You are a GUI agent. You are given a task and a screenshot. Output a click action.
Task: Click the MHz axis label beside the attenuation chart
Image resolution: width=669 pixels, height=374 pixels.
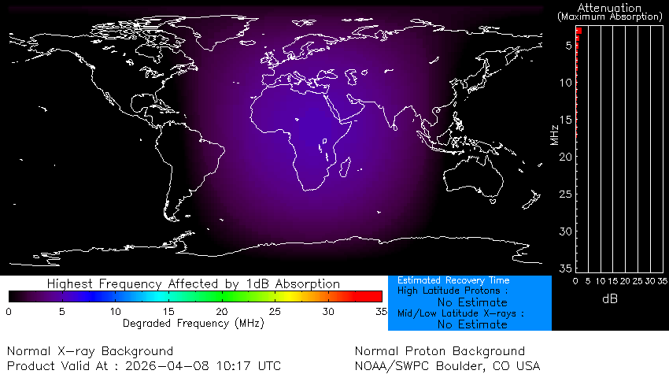tap(555, 135)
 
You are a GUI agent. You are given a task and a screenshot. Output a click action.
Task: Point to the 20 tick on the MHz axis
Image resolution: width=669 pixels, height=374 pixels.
tap(566, 157)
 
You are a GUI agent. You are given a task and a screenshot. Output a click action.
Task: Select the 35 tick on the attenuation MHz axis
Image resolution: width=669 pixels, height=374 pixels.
tap(566, 268)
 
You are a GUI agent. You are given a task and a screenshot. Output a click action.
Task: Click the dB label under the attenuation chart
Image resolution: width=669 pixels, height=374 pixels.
tap(609, 298)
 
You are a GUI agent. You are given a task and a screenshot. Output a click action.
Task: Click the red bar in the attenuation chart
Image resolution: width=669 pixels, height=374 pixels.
tap(578, 31)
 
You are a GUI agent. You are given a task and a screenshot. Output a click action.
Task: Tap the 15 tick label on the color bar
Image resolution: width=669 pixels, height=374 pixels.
tap(168, 312)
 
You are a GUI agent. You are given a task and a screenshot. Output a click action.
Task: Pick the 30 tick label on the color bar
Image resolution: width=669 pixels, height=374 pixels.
tap(328, 312)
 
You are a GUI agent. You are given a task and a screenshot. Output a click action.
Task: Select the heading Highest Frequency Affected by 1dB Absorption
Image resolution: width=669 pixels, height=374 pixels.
tap(194, 283)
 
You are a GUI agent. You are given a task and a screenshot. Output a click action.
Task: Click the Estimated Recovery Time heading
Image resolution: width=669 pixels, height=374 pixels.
tap(453, 280)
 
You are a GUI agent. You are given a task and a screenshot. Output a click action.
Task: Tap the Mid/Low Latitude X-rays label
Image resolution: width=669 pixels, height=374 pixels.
tap(460, 313)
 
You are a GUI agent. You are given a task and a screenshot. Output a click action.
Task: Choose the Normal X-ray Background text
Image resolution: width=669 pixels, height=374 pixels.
tap(91, 350)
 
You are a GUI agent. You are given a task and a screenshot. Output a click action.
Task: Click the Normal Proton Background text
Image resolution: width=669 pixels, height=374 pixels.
tap(439, 350)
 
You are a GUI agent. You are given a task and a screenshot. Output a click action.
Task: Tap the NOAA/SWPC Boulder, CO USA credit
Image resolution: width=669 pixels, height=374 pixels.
tap(448, 365)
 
